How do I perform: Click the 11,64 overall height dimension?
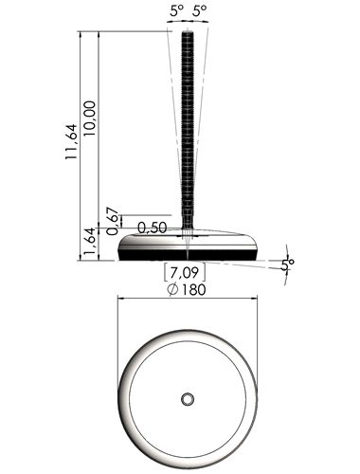(x=71, y=141)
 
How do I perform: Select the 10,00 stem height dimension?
(x=90, y=118)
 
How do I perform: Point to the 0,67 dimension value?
(x=113, y=221)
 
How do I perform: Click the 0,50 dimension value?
(x=153, y=228)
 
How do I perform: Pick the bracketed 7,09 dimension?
(x=185, y=272)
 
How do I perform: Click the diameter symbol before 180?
(x=173, y=289)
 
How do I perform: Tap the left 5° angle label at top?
(x=176, y=11)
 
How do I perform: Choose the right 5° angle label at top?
(x=200, y=11)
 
